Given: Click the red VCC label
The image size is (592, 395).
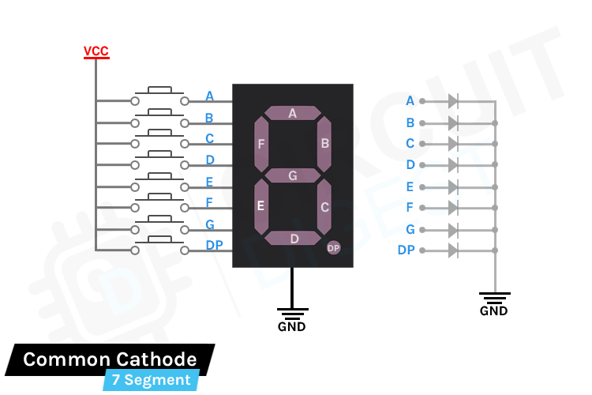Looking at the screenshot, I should [96, 52].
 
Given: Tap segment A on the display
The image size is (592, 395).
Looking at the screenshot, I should [292, 113].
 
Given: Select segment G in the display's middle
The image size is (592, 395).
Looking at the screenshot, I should [292, 175].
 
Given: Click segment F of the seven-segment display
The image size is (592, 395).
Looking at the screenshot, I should [260, 144].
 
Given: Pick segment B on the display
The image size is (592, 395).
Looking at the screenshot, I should [324, 144].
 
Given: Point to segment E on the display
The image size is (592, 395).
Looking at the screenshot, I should [260, 206].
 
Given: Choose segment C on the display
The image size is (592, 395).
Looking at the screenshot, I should [324, 207].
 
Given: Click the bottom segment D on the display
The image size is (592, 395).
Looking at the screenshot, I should [293, 238].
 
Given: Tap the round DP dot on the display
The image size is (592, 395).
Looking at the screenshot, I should [333, 248].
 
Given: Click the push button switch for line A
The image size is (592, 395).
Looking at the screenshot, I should [160, 96].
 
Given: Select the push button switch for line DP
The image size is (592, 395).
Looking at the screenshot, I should [160, 246].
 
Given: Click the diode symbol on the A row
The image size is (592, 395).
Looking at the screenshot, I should [452, 101].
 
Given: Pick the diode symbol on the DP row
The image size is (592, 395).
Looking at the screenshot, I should [452, 250].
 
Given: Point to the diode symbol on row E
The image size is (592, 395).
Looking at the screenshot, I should [452, 187].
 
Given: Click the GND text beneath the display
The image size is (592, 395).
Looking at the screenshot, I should [291, 326].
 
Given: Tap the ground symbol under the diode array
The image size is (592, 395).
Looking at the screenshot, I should [495, 298].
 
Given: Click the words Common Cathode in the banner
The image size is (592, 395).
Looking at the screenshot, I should [110, 359].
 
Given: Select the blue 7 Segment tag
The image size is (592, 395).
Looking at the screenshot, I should [151, 380].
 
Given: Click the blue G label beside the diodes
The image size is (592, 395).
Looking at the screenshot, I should [410, 229].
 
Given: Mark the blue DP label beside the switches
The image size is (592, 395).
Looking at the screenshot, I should [214, 245].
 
